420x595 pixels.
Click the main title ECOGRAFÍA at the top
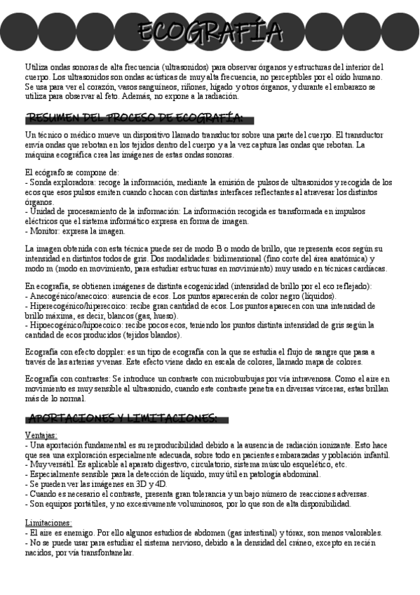tap(210, 32)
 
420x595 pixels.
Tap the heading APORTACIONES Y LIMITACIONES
tap(122, 418)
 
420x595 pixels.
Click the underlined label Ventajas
tap(41, 436)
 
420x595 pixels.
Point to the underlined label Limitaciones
tap(48, 523)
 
